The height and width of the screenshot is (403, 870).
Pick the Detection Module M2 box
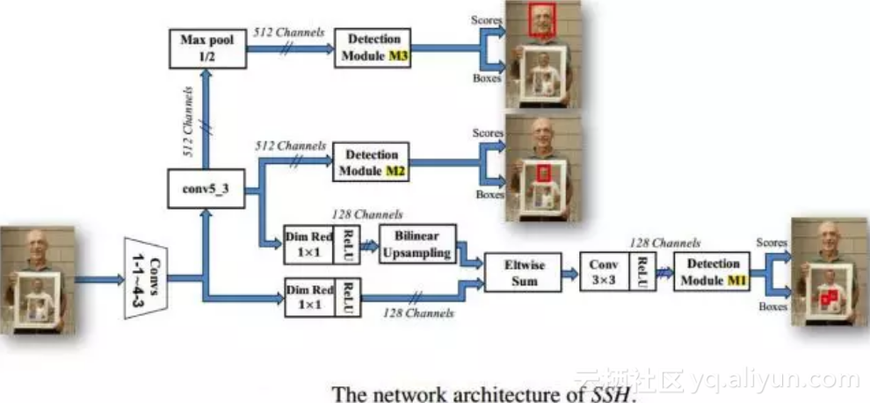[x=372, y=162]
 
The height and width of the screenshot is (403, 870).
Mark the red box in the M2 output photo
[x=543, y=173]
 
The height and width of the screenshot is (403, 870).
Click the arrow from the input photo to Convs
[x=99, y=280]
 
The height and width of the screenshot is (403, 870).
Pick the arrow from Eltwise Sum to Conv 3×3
[x=569, y=274]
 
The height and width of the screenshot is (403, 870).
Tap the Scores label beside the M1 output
[x=770, y=241]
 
